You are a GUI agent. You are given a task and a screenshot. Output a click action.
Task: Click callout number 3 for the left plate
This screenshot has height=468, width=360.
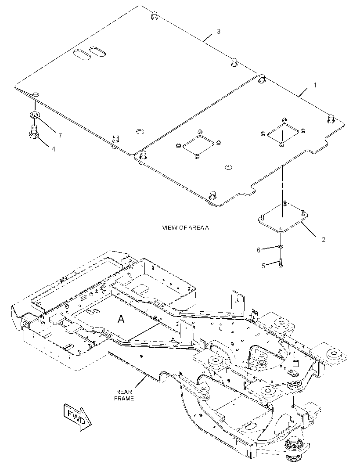[219, 31]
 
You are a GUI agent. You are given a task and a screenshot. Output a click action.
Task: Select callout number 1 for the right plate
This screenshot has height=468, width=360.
[315, 85]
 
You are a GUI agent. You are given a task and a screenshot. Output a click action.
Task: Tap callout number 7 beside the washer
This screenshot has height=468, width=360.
[60, 136]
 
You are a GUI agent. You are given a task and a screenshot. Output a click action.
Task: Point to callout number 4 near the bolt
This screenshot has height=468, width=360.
[54, 149]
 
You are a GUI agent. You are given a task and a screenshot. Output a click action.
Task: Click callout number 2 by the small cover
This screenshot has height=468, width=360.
[324, 240]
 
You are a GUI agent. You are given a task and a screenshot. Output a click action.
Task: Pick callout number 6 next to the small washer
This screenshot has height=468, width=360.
[259, 250]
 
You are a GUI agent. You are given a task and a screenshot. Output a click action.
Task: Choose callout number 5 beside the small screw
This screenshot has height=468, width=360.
[263, 266]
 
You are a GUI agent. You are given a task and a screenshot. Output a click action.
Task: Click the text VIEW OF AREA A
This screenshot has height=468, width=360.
[185, 228]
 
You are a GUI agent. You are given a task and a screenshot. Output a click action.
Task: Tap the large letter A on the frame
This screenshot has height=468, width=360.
[121, 319]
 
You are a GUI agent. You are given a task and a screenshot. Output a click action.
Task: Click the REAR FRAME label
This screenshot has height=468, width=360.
[124, 396]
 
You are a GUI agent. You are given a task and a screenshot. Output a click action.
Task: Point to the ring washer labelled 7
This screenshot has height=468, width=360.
[35, 114]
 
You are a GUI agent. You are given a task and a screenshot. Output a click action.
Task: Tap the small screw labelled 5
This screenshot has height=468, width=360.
[281, 263]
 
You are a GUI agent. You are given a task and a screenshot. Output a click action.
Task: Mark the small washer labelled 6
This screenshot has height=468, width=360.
[281, 247]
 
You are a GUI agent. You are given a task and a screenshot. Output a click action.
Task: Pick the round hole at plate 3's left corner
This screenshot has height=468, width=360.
[36, 94]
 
